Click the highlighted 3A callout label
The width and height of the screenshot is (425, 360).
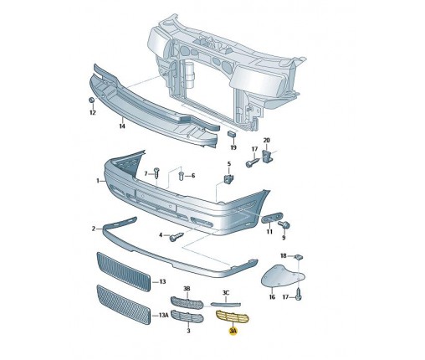(233, 331)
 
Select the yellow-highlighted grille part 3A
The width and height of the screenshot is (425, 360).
(233, 316)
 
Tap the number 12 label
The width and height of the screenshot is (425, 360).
(93, 112)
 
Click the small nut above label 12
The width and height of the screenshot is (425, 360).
(91, 100)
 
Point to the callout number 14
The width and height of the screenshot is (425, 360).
(122, 126)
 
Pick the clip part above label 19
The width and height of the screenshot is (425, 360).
(233, 134)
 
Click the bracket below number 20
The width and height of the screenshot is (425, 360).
(268, 156)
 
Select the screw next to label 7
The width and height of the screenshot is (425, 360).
(156, 173)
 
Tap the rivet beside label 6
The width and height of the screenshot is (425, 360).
(181, 176)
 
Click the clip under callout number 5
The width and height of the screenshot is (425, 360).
(229, 178)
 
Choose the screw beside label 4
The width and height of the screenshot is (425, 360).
(177, 237)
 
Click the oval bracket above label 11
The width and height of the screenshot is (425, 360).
(272, 218)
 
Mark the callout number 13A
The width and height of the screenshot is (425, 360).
(164, 316)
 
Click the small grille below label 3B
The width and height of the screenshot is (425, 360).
(187, 303)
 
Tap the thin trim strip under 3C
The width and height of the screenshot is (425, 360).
(226, 305)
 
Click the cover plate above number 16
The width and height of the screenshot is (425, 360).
(282, 275)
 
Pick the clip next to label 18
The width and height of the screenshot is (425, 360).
(299, 256)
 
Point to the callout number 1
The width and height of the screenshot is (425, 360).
(98, 181)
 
